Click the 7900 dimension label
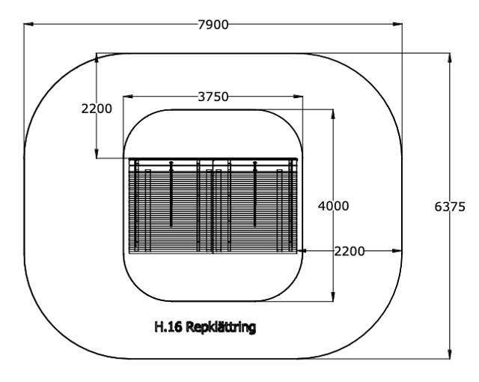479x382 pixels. (213, 25)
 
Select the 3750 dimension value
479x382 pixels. (213, 96)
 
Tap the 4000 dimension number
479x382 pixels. (335, 205)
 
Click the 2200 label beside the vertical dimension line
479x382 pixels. (97, 108)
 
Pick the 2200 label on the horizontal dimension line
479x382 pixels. (350, 251)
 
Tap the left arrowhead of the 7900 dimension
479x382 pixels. (28, 25)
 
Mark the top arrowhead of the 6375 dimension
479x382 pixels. (450, 56)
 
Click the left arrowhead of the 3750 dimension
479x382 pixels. (125, 96)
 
